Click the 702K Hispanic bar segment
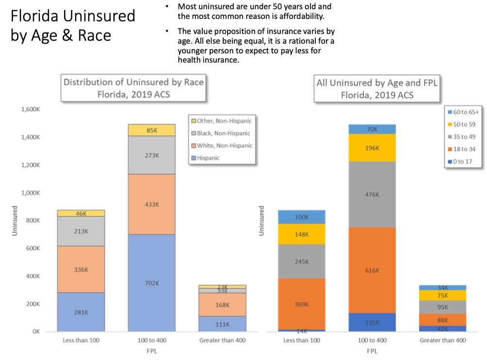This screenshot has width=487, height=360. (x=151, y=283)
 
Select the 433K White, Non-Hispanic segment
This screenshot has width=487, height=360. (x=151, y=204)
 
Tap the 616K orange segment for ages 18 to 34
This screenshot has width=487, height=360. (x=372, y=270)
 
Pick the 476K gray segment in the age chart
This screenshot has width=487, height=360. (x=372, y=194)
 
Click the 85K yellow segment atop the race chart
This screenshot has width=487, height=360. (x=151, y=130)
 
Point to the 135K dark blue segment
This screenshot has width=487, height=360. (x=372, y=323)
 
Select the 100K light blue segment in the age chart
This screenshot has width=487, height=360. (x=302, y=217)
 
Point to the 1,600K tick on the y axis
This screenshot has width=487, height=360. (x=30, y=109)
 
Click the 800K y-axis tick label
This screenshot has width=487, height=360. (x=33, y=221)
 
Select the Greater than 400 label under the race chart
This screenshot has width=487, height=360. (x=222, y=340)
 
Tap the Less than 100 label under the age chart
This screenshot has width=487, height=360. (x=302, y=340)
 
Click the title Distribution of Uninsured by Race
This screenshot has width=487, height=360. (x=133, y=82)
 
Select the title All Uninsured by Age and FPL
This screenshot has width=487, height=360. (x=377, y=83)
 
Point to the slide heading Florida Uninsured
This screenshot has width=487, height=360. (x=73, y=16)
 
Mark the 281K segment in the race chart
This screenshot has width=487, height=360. (x=81, y=312)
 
